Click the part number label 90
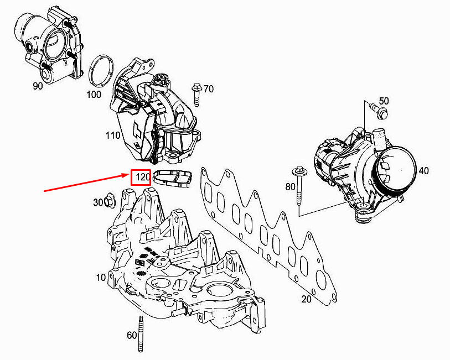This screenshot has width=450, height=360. [x=38, y=86]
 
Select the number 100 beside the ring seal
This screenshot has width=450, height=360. [x=94, y=94]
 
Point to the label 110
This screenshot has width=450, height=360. [x=113, y=135]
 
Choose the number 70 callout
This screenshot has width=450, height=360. [x=208, y=88]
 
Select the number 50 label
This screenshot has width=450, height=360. [x=384, y=101]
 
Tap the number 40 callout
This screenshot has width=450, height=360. [x=423, y=171]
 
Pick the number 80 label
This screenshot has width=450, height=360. [x=291, y=187]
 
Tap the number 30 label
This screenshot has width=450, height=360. [x=98, y=203]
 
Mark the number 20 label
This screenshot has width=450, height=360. [x=306, y=300]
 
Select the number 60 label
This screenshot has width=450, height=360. [x=132, y=335]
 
